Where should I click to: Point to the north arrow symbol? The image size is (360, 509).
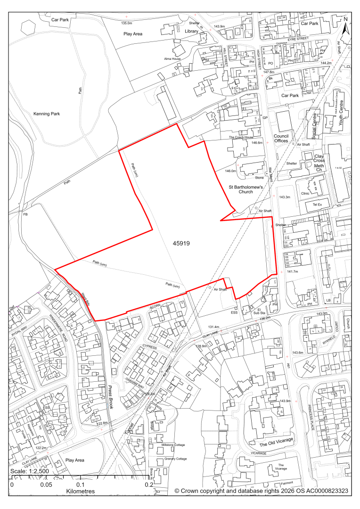(x=345, y=26)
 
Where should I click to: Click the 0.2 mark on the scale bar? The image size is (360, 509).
(x=149, y=484)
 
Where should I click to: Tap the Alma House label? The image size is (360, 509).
(x=173, y=58)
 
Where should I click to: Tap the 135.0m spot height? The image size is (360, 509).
(x=126, y=23)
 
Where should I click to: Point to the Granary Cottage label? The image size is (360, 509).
(x=175, y=459)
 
